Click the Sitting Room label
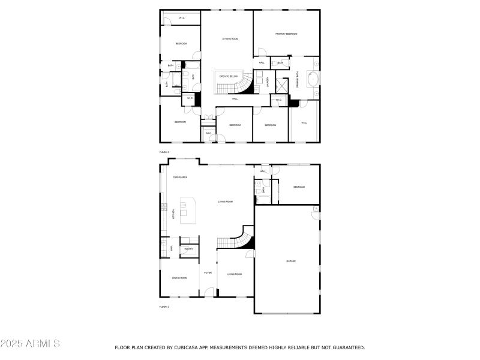pos(230,38)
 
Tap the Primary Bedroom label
pos(287,34)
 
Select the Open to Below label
pos(229,77)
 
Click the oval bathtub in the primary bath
pos(313,79)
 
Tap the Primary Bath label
pos(297,81)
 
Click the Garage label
pos(290,261)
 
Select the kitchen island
pos(189,210)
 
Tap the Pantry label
pos(188,248)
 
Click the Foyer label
pos(208,273)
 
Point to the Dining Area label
pos(180,178)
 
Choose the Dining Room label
pos(179,278)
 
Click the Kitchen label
pos(174,214)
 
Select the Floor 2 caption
pos(164,152)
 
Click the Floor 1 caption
pos(164,307)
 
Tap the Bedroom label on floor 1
pos(299,187)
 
